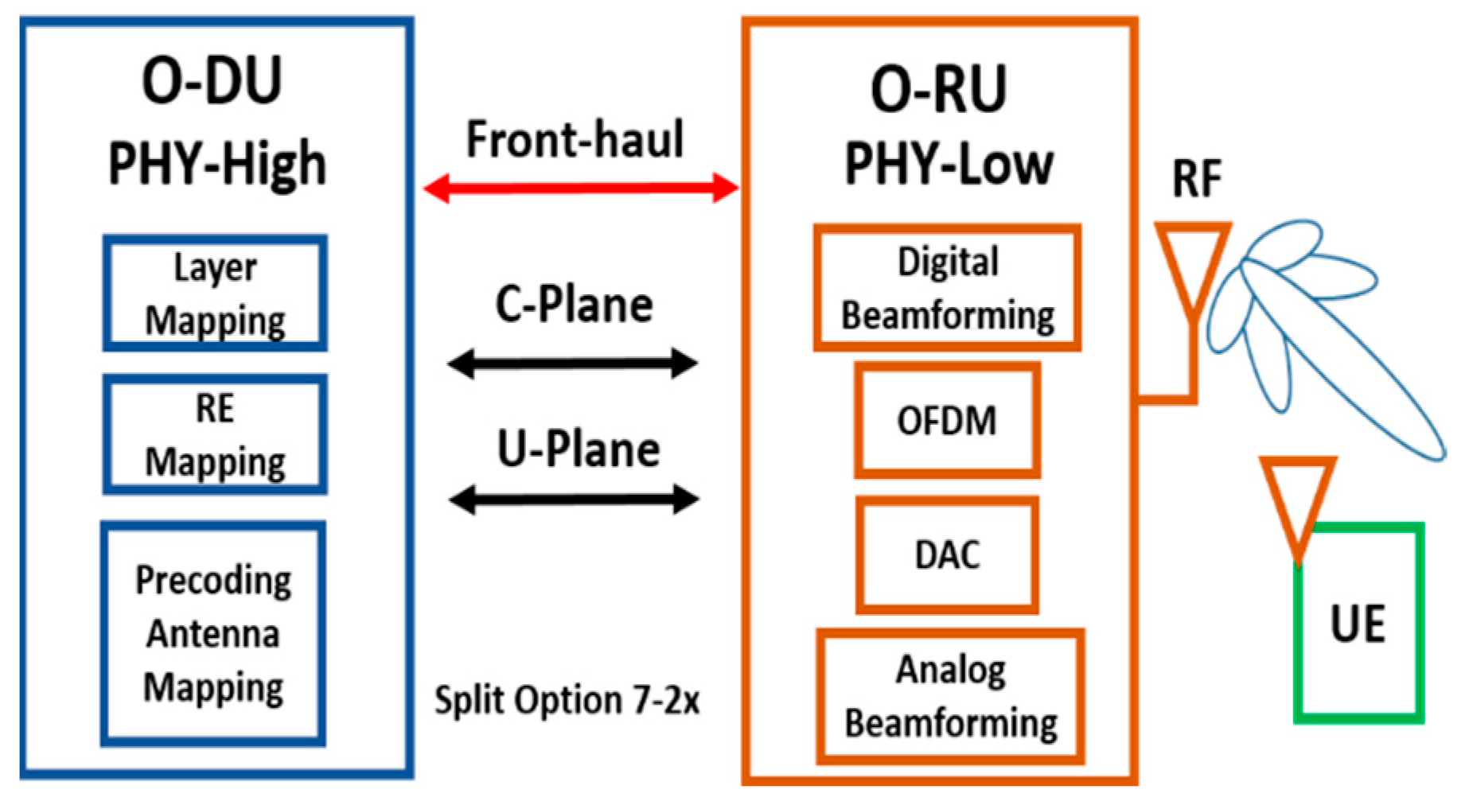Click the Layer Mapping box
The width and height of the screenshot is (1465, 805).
[215, 293]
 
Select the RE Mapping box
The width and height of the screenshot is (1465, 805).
[215, 434]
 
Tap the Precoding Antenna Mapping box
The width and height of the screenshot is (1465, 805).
[213, 634]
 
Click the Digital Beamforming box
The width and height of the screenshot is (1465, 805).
[947, 288]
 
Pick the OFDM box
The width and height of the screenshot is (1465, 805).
[947, 420]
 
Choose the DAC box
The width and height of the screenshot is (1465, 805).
[947, 554]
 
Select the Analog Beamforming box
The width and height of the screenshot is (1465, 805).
[950, 697]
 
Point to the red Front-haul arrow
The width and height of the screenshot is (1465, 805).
[581, 189]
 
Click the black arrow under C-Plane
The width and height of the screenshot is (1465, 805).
[573, 364]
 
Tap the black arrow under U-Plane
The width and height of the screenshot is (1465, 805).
[574, 500]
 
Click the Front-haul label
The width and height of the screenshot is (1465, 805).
[575, 140]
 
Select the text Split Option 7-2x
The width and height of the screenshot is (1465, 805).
[567, 700]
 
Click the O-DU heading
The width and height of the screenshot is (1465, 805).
[212, 81]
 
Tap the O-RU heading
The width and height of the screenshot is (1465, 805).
[939, 89]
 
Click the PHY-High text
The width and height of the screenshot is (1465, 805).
[216, 164]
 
